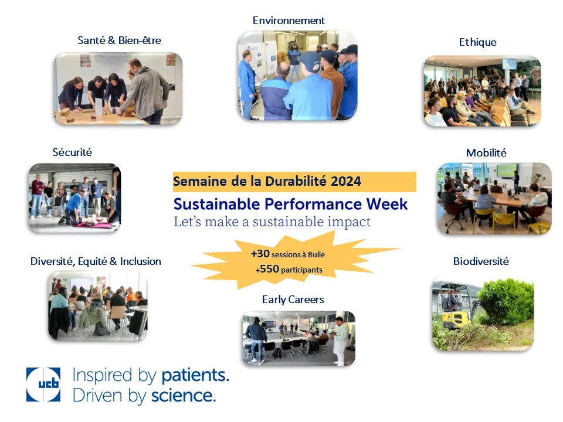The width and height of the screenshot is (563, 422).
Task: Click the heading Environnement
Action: tap(289, 21)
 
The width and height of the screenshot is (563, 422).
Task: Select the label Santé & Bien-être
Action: tap(119, 40)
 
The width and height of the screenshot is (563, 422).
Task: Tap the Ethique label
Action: tap(477, 42)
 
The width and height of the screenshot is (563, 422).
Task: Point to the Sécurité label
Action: tap(72, 152)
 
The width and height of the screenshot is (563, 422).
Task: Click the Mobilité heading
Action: tap(486, 153)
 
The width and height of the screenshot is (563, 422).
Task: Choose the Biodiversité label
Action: tap(481, 261)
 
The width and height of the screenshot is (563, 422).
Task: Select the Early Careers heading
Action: tap(293, 300)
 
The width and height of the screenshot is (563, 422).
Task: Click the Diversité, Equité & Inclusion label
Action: tap(96, 261)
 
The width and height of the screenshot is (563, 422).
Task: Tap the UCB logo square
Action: tap(43, 384)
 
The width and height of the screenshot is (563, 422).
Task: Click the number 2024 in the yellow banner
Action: tap(346, 181)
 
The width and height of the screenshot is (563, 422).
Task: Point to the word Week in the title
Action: tap(387, 204)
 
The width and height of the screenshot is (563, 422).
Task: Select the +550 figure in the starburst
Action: tap(267, 269)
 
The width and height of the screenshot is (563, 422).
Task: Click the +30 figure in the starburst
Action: tap(260, 254)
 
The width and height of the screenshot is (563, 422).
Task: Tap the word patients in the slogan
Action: tap(195, 375)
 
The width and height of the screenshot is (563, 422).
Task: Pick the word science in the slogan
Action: tap(184, 396)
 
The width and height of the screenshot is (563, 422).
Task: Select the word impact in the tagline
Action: tap(348, 222)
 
